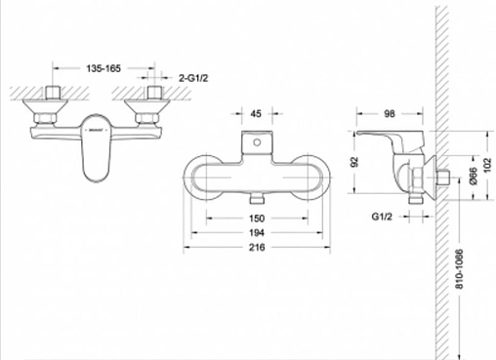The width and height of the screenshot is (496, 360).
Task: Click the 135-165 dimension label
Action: (103, 68)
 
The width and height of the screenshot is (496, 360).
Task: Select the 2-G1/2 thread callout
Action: (193, 78)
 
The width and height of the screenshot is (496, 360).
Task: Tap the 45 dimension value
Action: (256, 113)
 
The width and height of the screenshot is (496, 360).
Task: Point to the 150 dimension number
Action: (257, 219)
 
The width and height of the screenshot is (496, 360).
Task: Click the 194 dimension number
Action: (257, 232)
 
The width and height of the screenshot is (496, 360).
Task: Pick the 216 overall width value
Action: (257, 247)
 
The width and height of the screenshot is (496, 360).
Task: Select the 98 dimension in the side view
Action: (390, 113)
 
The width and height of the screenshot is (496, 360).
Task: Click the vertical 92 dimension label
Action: (354, 162)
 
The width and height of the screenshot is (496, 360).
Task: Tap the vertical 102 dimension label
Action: (487, 166)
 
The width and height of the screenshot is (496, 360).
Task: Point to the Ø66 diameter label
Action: (474, 177)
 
